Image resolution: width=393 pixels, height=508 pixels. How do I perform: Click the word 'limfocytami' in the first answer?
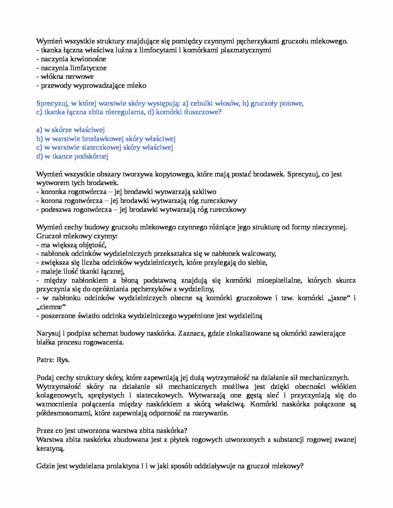(x=155, y=50)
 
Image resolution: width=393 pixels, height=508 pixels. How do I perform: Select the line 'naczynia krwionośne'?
(x=71, y=59)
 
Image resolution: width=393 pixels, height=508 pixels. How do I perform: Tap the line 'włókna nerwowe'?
(x=65, y=77)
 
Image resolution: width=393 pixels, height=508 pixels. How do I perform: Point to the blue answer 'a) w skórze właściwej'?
(x=71, y=130)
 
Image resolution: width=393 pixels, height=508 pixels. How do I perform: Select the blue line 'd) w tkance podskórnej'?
(x=72, y=156)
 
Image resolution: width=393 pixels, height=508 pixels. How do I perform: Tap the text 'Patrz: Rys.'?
(x=53, y=360)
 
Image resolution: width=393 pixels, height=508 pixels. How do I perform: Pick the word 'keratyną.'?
(x=50, y=449)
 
